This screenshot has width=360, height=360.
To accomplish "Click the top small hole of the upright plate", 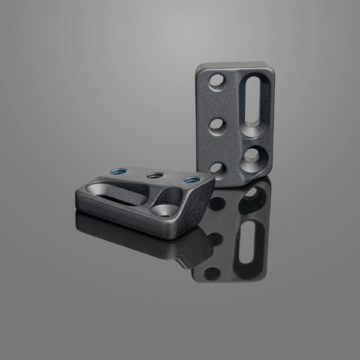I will pyautogui.click(x=218, y=79).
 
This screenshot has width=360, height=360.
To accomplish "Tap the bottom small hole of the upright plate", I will pyautogui.click(x=218, y=168).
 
